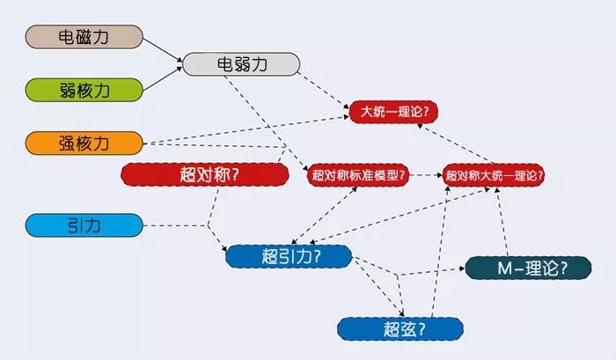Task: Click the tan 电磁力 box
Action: pyautogui.click(x=84, y=37)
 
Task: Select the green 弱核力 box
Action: pyautogui.click(x=84, y=90)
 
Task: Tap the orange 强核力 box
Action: pyautogui.click(x=84, y=143)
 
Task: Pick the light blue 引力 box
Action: pyautogui.click(x=84, y=225)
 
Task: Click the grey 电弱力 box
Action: pyautogui.click(x=240, y=63)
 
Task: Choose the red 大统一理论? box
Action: pyautogui.click(x=394, y=113)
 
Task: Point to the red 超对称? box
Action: pyautogui.click(x=204, y=174)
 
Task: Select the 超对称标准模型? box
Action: pyautogui.click(x=358, y=175)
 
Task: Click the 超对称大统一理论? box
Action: pyautogui.click(x=495, y=175)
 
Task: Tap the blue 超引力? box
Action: pyautogui.click(x=289, y=256)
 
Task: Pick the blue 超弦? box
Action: pyautogui.click(x=400, y=329)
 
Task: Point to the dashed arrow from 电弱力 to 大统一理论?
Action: pyautogui.click(x=324, y=89)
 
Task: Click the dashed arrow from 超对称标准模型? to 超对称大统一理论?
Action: pyautogui.click(x=427, y=175)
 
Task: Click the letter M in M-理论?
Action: pyautogui.click(x=498, y=268)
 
